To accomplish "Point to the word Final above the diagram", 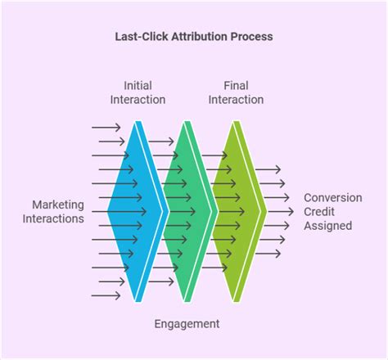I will (x=236, y=85).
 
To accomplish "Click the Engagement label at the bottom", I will (x=187, y=324).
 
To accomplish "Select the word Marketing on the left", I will (x=58, y=205).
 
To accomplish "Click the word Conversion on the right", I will (x=333, y=197).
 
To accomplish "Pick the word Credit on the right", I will (x=321, y=211).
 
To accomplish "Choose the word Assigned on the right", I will (x=328, y=225).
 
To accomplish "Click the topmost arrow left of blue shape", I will (x=106, y=127).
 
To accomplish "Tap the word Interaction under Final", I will (x=236, y=100).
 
